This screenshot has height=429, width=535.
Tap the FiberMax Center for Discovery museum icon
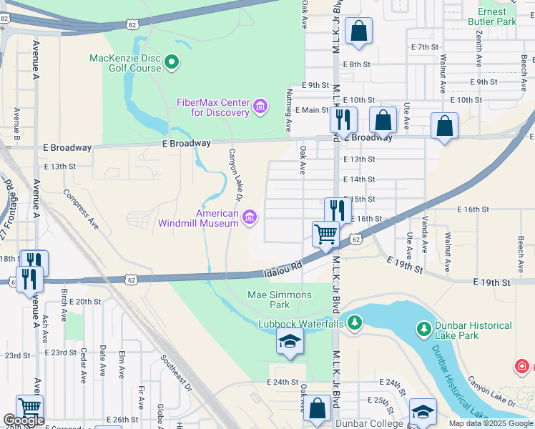click(260, 108)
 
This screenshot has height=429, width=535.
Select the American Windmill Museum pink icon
click(249, 217)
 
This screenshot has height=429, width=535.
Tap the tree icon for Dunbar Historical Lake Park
click(423, 329)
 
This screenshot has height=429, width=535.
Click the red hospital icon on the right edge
click(523, 368)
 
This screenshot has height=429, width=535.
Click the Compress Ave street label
click(81, 208)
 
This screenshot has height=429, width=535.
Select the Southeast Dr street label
click(177, 373)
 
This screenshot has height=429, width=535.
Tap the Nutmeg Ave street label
click(288, 110)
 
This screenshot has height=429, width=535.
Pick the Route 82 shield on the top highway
click(132, 24)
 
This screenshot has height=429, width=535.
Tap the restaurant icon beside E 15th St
click(338, 209)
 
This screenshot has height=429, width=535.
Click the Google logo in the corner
click(24, 421)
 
